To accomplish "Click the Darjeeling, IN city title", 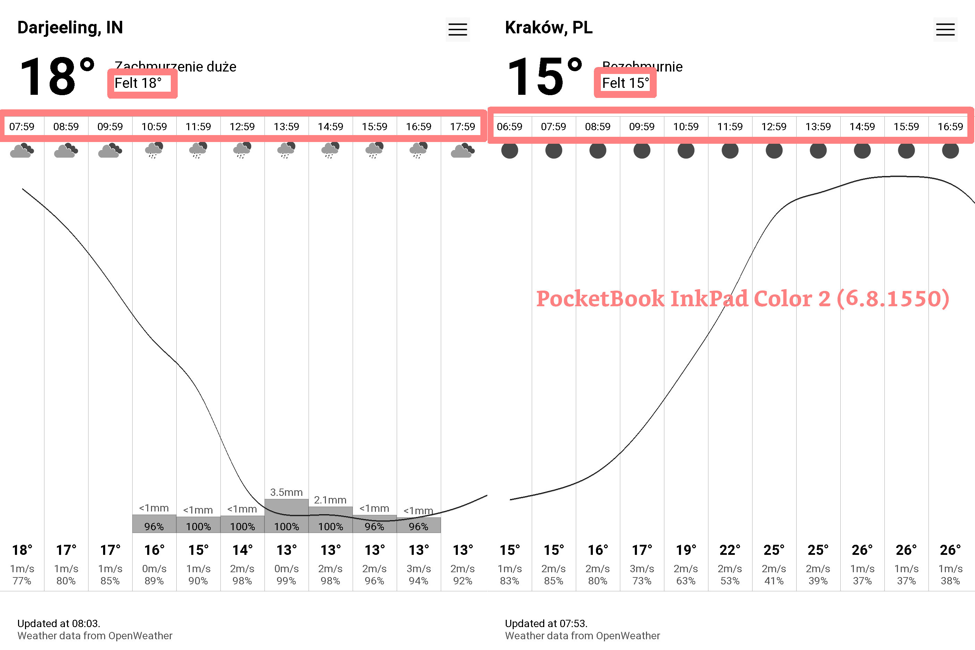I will pyautogui.click(x=70, y=28).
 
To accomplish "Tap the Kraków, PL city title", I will pyautogui.click(x=549, y=28).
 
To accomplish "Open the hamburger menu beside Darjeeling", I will pyautogui.click(x=457, y=30).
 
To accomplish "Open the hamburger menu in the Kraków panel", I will pyautogui.click(x=945, y=30).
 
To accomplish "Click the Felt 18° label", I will pyautogui.click(x=138, y=83).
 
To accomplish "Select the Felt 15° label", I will pyautogui.click(x=625, y=83).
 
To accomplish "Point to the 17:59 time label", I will pyautogui.click(x=462, y=126).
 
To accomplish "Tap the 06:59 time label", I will pyautogui.click(x=509, y=126).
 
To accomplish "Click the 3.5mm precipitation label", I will pyautogui.click(x=286, y=492).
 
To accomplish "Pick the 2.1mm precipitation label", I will pyautogui.click(x=330, y=500).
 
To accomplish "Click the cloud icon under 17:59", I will pyautogui.click(x=462, y=151).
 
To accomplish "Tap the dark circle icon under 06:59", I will pyautogui.click(x=509, y=150).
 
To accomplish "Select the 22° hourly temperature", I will pyautogui.click(x=730, y=550).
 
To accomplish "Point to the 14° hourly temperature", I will pyautogui.click(x=242, y=550).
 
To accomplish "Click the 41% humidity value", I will pyautogui.click(x=774, y=581).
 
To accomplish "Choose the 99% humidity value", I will pyautogui.click(x=286, y=581).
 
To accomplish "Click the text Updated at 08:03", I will pyautogui.click(x=59, y=624).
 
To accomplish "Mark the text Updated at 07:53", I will pyautogui.click(x=546, y=624).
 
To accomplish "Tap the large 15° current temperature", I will pyautogui.click(x=544, y=77).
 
